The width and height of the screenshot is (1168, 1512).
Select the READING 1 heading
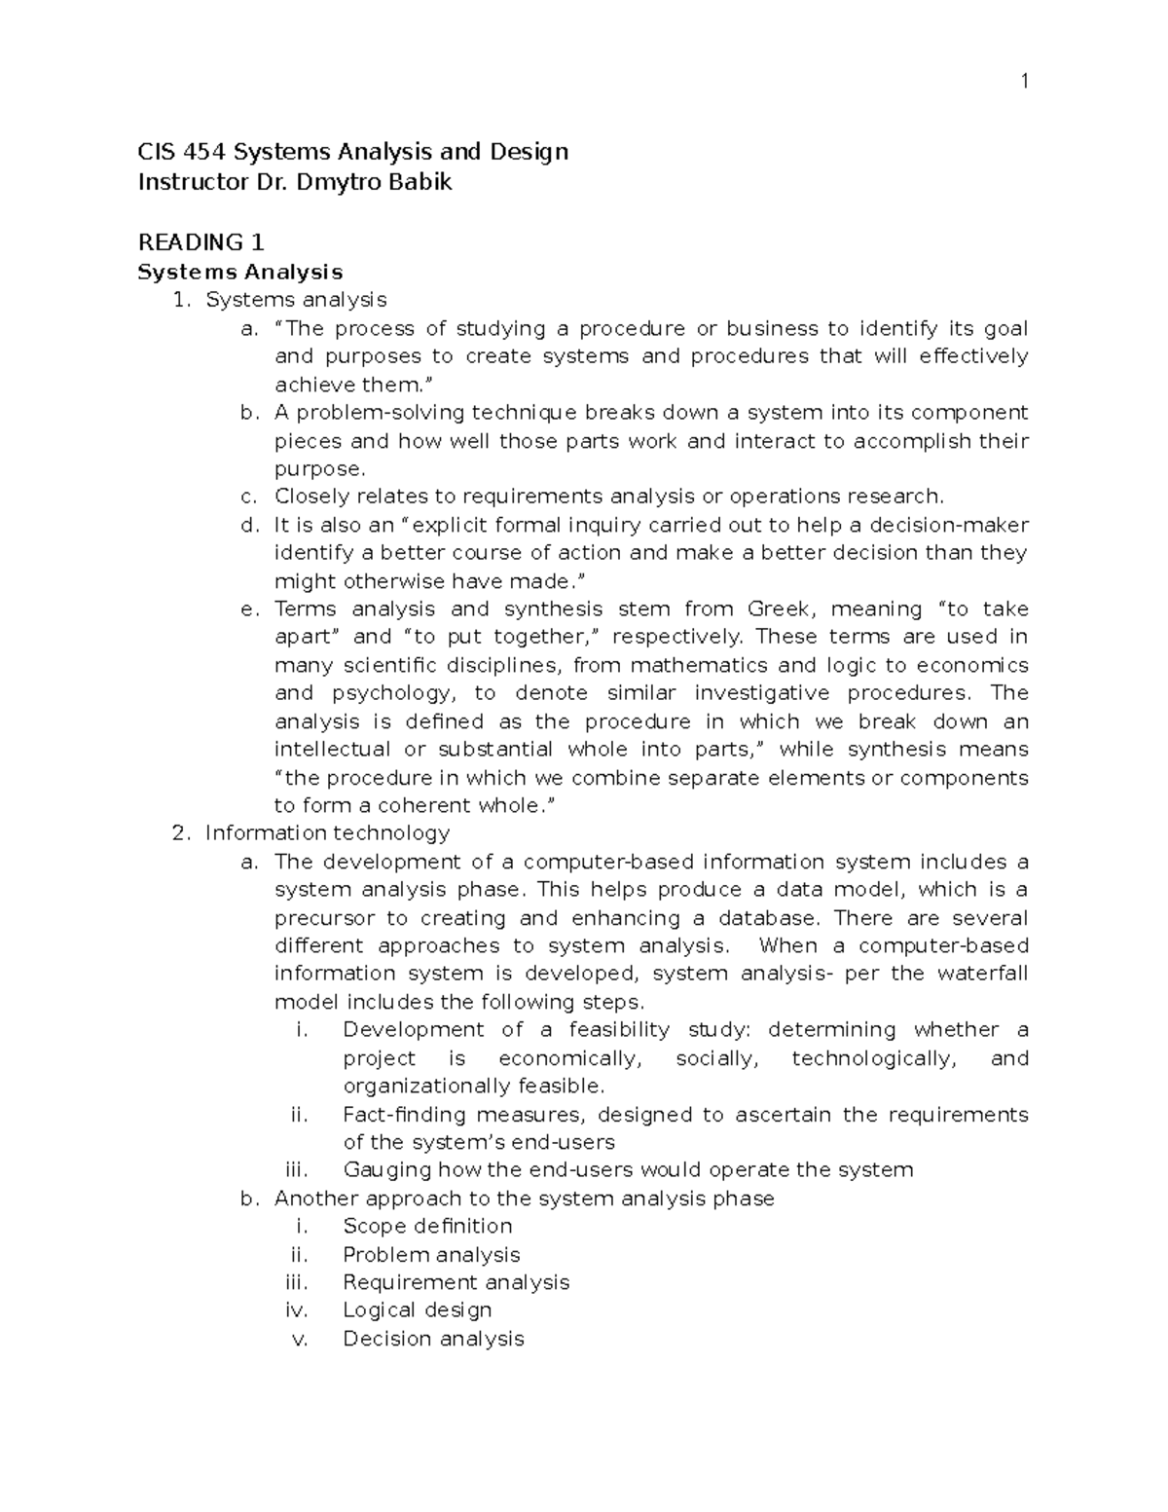[x=201, y=242]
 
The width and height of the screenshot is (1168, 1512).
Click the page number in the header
[x=1023, y=82]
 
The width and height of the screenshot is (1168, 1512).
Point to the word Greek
[x=778, y=609]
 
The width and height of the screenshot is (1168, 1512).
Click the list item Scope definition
[x=427, y=1226]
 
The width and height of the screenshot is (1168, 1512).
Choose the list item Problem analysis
[x=431, y=1255]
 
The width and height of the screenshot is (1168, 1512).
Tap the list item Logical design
[x=417, y=1310]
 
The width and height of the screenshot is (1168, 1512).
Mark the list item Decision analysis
[x=433, y=1339]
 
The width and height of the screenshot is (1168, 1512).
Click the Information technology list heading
[x=327, y=833]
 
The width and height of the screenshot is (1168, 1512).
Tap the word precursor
[x=324, y=918]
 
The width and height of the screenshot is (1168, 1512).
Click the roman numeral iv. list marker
[x=297, y=1310]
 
